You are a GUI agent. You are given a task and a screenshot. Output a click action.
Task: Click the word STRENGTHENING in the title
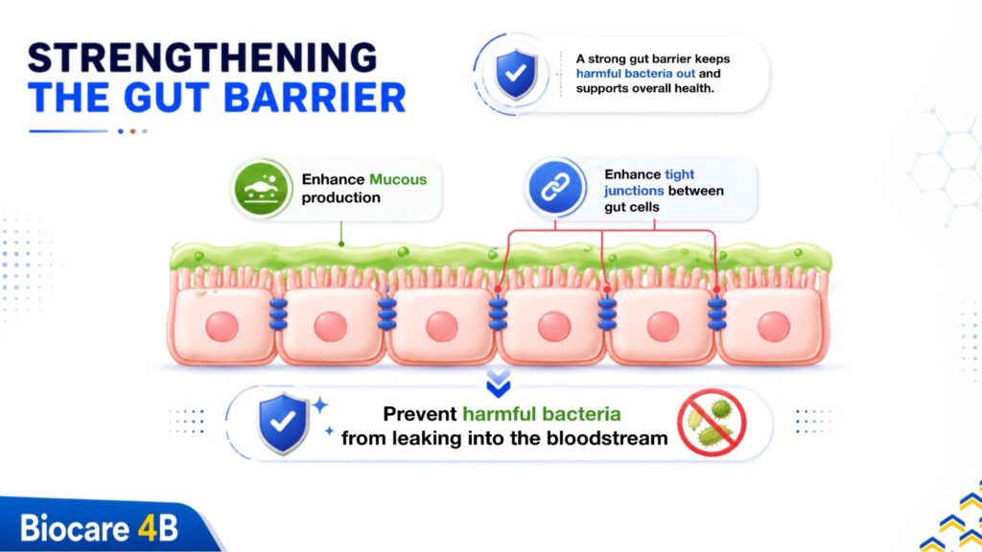click(x=202, y=57)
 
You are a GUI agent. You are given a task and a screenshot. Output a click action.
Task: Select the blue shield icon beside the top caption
click(x=516, y=75)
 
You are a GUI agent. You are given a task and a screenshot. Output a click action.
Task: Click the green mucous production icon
click(x=261, y=189)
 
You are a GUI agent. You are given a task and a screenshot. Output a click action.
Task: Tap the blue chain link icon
click(x=555, y=187)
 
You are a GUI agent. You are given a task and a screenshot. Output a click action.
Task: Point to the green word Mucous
click(x=398, y=179)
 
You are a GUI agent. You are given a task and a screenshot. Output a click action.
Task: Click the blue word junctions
click(x=634, y=191)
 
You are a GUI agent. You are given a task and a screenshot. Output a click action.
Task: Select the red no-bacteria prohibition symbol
click(x=712, y=423)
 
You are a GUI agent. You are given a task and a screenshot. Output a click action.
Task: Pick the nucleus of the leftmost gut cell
click(x=222, y=327)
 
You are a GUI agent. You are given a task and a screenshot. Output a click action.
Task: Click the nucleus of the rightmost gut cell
click(x=774, y=327)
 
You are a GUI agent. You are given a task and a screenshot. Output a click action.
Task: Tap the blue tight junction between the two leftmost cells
click(x=278, y=314)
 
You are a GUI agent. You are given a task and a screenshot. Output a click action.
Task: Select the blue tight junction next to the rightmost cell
click(x=717, y=314)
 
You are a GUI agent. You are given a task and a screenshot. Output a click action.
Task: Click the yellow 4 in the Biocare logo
click(x=148, y=528)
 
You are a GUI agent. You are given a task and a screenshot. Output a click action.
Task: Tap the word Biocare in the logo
click(x=75, y=528)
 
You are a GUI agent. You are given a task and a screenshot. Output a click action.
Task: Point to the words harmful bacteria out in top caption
click(x=636, y=74)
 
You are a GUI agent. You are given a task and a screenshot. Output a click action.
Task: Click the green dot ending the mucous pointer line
click(x=341, y=244)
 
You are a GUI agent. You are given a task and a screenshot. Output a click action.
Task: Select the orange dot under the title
click(x=132, y=131)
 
